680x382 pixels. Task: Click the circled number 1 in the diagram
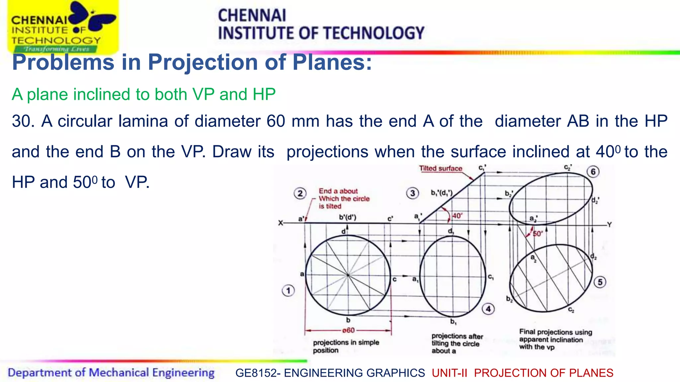[288, 291]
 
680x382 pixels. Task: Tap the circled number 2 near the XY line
[300, 193]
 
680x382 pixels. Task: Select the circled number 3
[412, 193]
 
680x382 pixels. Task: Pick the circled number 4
[488, 309]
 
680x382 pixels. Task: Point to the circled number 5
[600, 282]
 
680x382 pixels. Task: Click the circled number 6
[593, 172]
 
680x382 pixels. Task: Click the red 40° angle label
[457, 216]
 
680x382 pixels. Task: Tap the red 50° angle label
[538, 234]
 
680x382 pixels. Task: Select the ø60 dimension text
[348, 330]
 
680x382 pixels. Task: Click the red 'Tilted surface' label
[440, 168]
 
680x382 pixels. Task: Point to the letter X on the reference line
[281, 223]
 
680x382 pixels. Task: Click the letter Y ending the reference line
[609, 225]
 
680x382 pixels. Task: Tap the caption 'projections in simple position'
[346, 346]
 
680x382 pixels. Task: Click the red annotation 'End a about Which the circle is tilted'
[344, 199]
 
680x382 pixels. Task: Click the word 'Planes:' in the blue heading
[332, 62]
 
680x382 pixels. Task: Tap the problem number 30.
[23, 121]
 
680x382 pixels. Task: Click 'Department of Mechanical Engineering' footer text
[111, 373]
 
